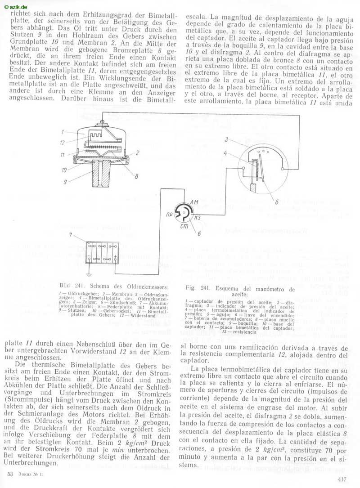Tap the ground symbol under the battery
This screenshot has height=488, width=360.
coord(89,274)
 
